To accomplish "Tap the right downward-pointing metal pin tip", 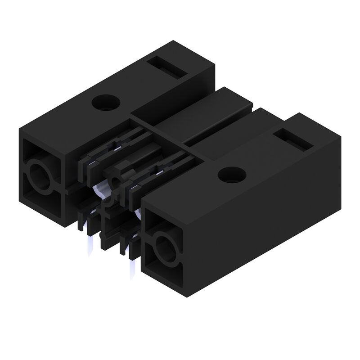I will click(x=133, y=270).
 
